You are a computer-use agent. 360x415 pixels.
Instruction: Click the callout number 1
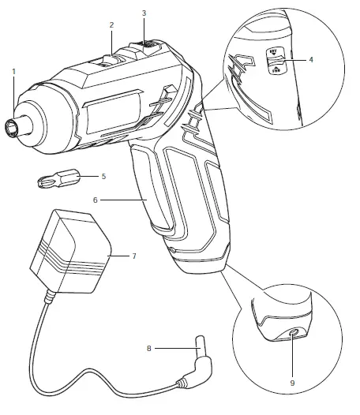[14, 72]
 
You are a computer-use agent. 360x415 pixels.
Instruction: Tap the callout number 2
[112, 25]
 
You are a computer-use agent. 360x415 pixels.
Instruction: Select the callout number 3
[144, 13]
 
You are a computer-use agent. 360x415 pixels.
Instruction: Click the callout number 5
[103, 176]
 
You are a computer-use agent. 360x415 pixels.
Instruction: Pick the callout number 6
[95, 200]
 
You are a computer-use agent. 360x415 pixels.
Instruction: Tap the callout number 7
[133, 256]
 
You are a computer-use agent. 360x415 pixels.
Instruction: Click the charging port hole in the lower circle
[295, 334]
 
